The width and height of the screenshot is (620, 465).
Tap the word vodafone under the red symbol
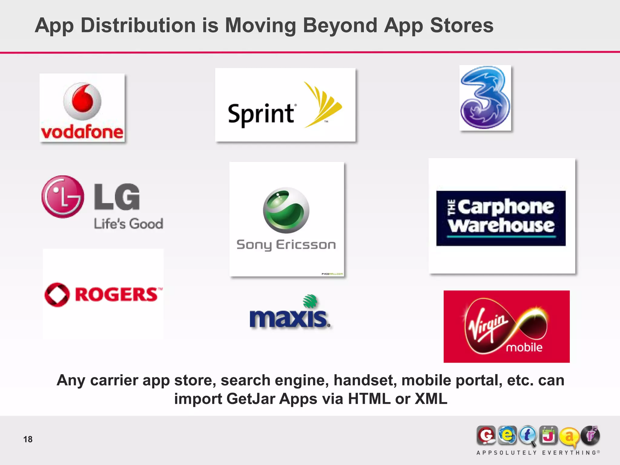click(x=82, y=132)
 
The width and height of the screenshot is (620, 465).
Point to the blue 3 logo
click(x=485, y=98)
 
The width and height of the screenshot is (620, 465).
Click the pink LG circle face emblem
click(x=63, y=197)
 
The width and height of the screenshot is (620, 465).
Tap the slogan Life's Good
click(x=129, y=224)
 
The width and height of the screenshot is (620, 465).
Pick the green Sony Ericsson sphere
click(x=286, y=210)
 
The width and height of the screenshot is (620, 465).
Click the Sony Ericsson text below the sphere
click(x=286, y=245)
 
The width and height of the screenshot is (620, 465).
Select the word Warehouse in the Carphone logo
click(x=501, y=226)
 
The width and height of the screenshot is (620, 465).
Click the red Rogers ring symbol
click(x=57, y=295)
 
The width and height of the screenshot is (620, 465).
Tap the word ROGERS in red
click(x=117, y=295)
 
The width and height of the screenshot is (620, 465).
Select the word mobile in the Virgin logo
click(x=524, y=347)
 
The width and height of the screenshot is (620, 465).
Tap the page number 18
click(x=28, y=439)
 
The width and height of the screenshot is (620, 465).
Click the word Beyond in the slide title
click(x=340, y=25)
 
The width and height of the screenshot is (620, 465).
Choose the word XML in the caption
click(x=431, y=399)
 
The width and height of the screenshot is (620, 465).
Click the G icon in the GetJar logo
click(x=486, y=436)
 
